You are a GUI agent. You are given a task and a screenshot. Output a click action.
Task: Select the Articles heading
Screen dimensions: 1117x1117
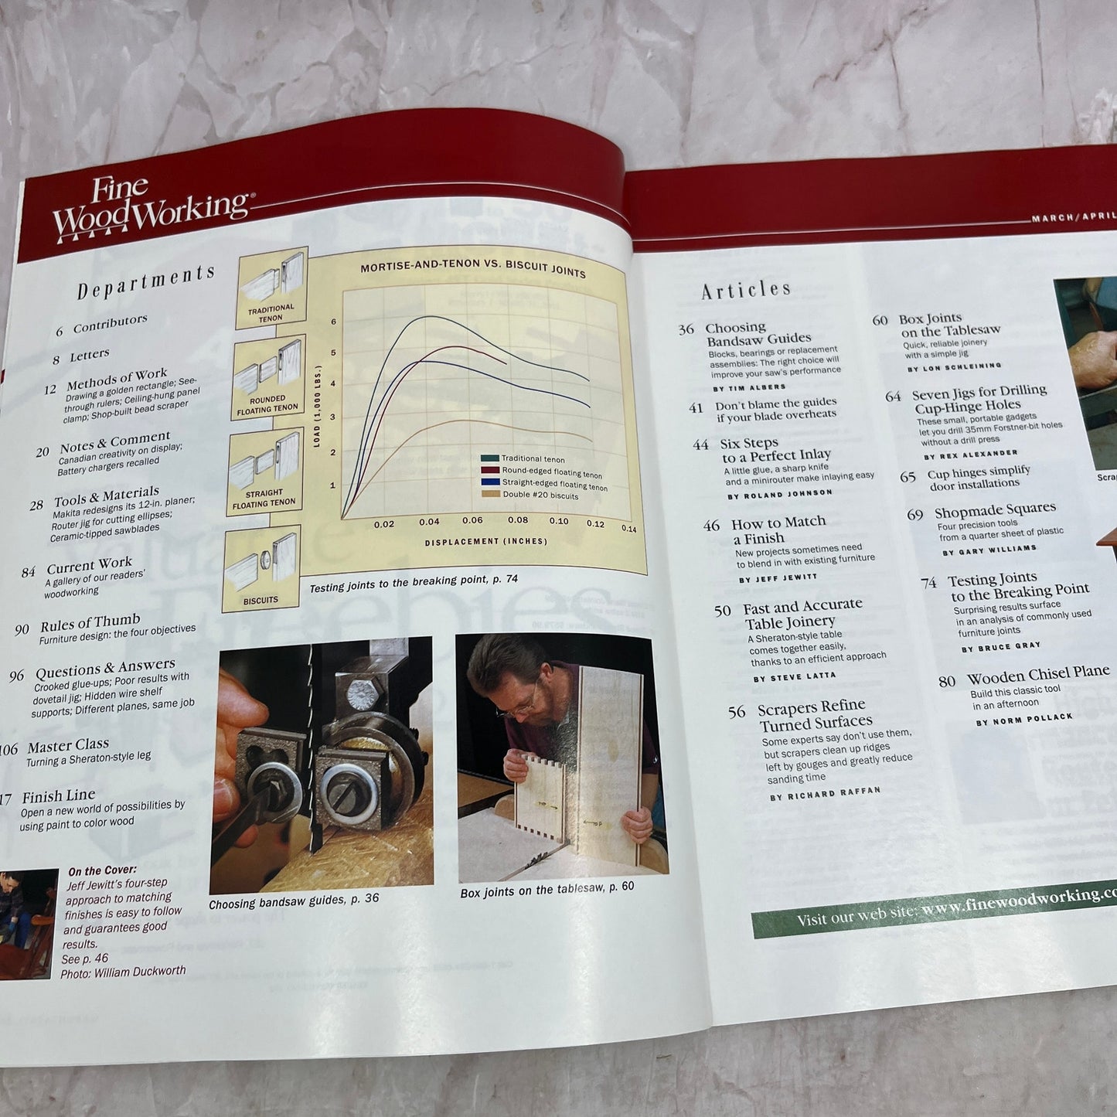[x=746, y=290]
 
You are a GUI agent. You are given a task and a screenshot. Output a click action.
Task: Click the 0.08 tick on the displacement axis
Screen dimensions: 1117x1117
[x=517, y=520]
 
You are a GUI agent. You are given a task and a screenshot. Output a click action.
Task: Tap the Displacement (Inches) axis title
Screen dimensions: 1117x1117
[x=485, y=541]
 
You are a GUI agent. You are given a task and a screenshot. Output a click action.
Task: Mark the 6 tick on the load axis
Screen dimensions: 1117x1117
[x=334, y=322]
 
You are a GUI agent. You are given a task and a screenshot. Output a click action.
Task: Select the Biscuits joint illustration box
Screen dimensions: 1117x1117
[x=261, y=569]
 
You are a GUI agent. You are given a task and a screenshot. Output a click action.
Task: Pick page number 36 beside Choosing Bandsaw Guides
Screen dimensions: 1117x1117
[x=686, y=329]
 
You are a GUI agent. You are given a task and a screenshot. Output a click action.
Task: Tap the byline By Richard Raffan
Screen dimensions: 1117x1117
[x=825, y=793]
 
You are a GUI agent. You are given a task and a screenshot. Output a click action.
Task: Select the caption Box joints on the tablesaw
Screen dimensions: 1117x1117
[x=547, y=890]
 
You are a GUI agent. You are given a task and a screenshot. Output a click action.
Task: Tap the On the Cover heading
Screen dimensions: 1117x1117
[x=102, y=870]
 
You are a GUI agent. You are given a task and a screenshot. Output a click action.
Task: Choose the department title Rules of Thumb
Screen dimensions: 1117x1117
[x=90, y=622]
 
